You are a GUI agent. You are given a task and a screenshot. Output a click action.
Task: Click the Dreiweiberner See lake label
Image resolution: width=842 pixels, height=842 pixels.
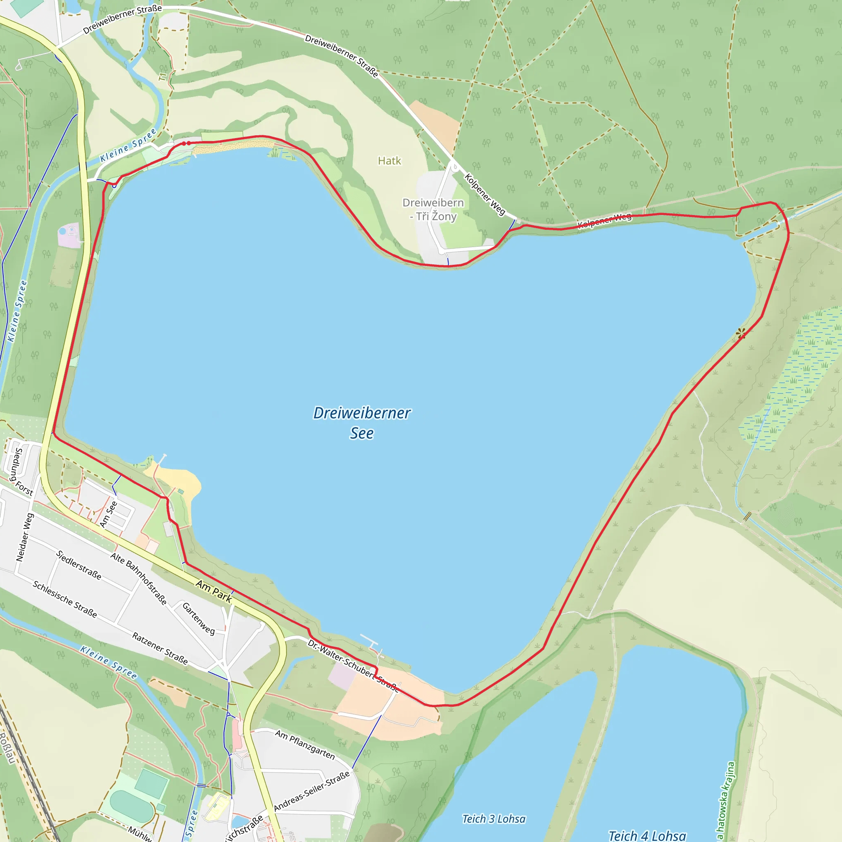click(361, 422)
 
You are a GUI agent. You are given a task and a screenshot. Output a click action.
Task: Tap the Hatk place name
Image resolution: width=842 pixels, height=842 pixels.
click(389, 161)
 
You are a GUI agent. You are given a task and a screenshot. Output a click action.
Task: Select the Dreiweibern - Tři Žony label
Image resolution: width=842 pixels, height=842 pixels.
click(433, 209)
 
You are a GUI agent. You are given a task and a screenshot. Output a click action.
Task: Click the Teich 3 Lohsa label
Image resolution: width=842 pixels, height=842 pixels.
click(494, 819)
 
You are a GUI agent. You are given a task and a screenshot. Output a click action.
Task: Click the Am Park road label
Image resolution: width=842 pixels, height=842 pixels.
click(213, 591)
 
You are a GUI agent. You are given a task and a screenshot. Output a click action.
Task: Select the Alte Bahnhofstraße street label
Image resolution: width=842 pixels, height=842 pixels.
click(138, 579)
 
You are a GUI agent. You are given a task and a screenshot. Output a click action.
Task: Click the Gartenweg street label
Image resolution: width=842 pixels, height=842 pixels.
click(198, 618)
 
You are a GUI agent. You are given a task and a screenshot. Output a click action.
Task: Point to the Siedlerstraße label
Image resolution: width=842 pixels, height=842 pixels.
click(79, 565)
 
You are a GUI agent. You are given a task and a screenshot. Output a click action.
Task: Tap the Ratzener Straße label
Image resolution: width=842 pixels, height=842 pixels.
click(160, 648)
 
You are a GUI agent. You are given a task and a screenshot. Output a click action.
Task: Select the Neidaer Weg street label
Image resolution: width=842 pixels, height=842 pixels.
click(25, 537)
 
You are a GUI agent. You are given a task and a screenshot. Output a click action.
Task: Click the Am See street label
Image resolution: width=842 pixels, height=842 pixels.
click(109, 514)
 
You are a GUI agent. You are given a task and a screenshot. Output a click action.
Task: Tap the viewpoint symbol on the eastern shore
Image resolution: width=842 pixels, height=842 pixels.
click(741, 333)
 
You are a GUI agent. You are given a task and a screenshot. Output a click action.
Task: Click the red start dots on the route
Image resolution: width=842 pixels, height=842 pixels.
click(186, 143)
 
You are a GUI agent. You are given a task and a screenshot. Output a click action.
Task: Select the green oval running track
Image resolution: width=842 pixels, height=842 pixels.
click(132, 806)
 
